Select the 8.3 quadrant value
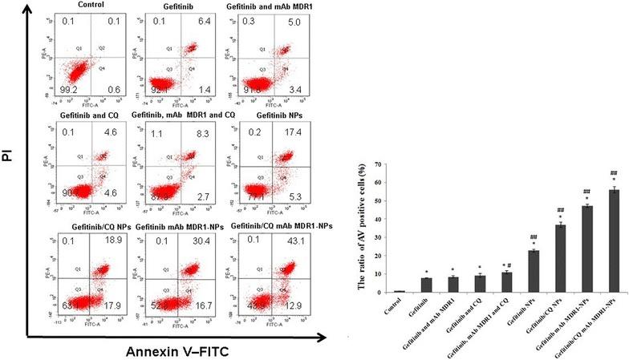204,129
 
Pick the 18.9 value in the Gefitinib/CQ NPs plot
124,240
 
